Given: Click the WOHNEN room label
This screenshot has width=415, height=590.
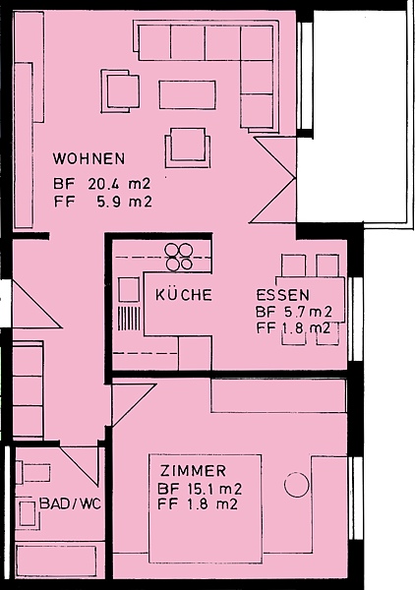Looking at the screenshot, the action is point(89,158).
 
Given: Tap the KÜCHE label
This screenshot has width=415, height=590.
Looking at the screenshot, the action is point(184,295).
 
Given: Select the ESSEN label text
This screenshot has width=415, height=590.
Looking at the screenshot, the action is point(283,295).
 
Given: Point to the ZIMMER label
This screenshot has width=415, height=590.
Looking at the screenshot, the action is point(193,471).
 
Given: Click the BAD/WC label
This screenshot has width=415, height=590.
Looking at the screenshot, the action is point(71,503).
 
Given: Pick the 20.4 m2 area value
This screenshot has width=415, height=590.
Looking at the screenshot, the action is point(119,184).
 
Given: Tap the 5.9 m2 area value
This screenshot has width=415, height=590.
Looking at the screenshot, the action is point(125,202).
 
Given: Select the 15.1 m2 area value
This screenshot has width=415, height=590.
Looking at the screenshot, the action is point(214,489).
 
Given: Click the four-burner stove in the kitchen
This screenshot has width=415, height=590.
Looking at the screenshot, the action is point(179,257).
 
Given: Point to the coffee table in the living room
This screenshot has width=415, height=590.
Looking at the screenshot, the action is point(188,94).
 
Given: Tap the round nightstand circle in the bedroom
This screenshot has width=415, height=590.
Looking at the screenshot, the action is point(296,485).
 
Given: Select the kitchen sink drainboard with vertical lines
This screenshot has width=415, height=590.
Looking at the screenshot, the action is point(129,319).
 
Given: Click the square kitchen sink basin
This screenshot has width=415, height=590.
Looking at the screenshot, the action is point(129,290).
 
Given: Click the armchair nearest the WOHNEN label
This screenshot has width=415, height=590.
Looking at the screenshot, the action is point(120,91).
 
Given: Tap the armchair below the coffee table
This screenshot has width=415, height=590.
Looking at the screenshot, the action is point(188,147).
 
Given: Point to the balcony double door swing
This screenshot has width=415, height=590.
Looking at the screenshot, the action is point(272,180).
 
